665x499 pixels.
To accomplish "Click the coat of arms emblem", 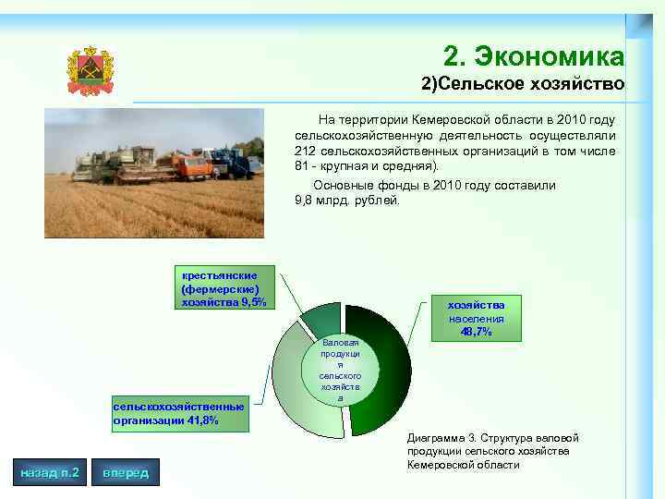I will [x=90, y=70].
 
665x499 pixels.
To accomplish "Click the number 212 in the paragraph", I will [x=306, y=151].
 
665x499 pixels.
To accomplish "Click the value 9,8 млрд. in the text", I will [x=323, y=200].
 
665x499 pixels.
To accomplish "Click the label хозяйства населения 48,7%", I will [x=476, y=318].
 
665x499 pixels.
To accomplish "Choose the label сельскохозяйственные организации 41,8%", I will [x=178, y=413].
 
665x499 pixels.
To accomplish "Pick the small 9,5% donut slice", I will [x=319, y=319].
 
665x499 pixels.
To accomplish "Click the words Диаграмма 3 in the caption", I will [x=440, y=436].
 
